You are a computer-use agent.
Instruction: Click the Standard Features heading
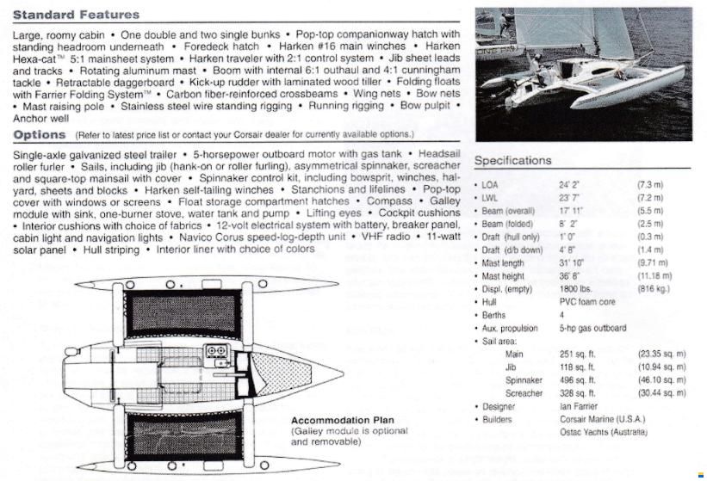click(76, 15)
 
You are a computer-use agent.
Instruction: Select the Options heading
click(40, 134)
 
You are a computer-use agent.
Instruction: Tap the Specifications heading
click(512, 160)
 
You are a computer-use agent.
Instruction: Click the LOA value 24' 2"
click(569, 185)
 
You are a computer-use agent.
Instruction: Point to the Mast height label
click(503, 276)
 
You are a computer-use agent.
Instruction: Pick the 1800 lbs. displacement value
click(575, 289)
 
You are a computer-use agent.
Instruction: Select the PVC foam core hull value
click(587, 302)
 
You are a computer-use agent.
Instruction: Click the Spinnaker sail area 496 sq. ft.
click(577, 380)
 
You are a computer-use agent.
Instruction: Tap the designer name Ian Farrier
click(579, 406)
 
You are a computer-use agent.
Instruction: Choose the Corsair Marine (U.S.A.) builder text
click(603, 419)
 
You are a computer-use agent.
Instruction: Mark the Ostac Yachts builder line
click(604, 432)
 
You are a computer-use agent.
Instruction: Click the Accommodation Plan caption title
click(342, 420)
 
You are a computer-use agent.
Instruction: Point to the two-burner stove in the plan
click(215, 350)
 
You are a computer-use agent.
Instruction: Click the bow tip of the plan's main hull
click(344, 373)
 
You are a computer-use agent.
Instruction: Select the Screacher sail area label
click(524, 393)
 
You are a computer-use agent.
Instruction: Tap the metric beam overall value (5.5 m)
click(650, 211)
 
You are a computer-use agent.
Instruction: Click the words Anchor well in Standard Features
click(41, 119)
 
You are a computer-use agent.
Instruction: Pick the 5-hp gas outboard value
click(592, 328)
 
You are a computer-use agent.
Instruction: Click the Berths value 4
click(561, 315)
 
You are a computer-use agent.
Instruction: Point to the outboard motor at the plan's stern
click(73, 352)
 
